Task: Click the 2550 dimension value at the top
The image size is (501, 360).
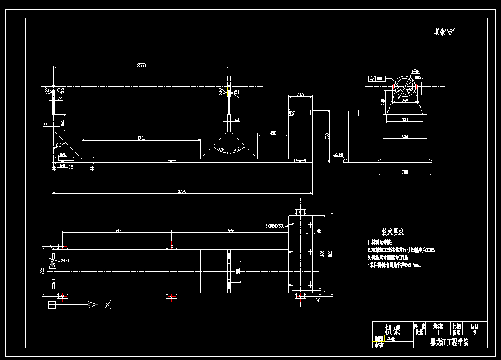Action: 141,66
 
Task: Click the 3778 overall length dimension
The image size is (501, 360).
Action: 182,191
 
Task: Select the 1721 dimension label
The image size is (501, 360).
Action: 141,138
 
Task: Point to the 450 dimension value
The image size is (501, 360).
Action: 273,133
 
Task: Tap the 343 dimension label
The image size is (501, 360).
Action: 300,95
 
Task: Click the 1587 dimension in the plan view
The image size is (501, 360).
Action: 117,230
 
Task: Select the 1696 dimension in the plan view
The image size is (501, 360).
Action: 230,230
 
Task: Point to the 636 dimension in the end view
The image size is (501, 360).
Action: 405,136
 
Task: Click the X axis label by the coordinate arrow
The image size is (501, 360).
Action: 108,304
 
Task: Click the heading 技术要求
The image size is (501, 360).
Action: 394,232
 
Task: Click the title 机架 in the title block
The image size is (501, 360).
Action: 392,330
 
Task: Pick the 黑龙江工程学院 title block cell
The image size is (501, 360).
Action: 449,342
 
